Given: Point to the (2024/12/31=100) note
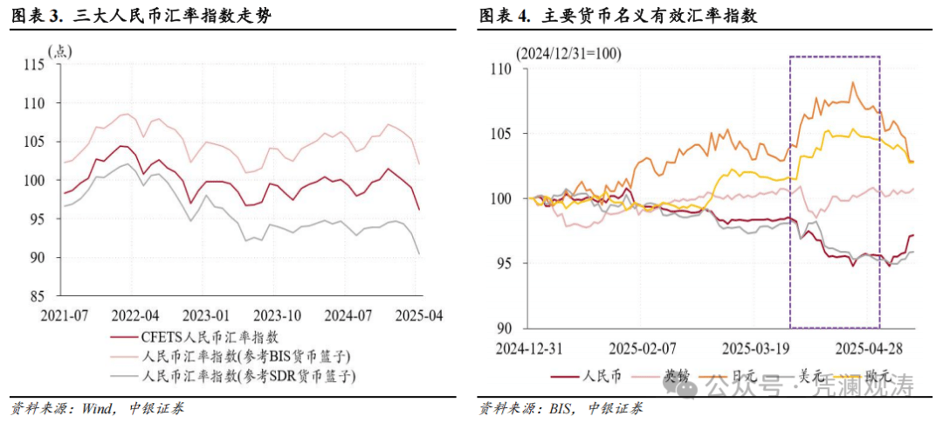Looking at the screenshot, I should (x=568, y=54).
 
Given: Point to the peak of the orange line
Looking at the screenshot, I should (x=852, y=83).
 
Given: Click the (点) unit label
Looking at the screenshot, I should (x=63, y=50).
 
